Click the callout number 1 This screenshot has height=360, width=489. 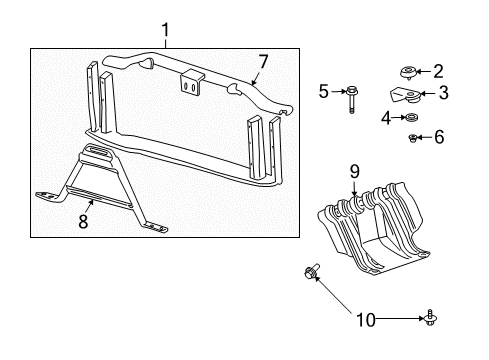166,31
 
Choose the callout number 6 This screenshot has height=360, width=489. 439,137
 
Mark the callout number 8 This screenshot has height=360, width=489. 83,221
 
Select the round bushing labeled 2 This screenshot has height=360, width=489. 410,72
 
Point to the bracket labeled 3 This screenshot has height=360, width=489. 408,96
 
